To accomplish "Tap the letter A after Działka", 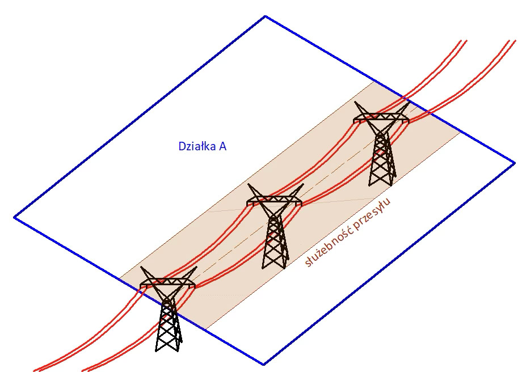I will (223, 146).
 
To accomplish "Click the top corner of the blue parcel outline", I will (265, 16).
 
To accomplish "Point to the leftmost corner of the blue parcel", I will (14, 217).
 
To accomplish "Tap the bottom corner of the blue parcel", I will (263, 364).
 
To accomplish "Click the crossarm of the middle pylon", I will (275, 200).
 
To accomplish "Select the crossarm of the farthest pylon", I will (381, 119).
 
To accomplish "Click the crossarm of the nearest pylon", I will (168, 282).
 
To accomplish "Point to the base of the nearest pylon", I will (169, 347).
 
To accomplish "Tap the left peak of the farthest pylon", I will (356, 103).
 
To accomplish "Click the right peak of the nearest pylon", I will (196, 268).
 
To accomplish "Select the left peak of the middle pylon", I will (249, 185).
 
